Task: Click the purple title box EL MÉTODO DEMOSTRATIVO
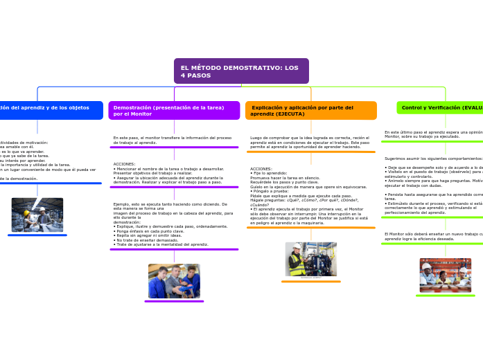pyautogui.click(x=240, y=71)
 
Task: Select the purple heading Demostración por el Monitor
pyautogui.click(x=173, y=110)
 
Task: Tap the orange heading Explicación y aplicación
pyautogui.click(x=310, y=110)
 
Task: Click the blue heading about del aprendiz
pyautogui.click(x=49, y=108)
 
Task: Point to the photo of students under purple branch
pyautogui.click(x=174, y=281)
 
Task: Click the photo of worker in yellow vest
pyautogui.click(x=310, y=259)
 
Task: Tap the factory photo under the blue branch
pyautogui.click(x=37, y=215)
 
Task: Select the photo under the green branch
pyautogui.click(x=445, y=275)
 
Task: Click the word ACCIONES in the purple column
pyautogui.click(x=124, y=164)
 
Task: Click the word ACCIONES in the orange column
pyautogui.click(x=261, y=168)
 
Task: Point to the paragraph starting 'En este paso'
pyautogui.click(x=173, y=140)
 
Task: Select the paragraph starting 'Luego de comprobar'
pyautogui.click(x=310, y=143)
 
